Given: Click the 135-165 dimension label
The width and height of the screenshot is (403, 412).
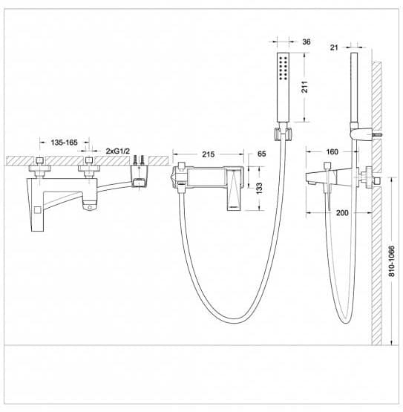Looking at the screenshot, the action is pyautogui.click(x=64, y=143).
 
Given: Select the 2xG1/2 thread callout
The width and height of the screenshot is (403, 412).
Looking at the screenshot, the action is pyautogui.click(x=118, y=151).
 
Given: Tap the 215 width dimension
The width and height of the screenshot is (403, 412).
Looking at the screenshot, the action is pyautogui.click(x=208, y=154).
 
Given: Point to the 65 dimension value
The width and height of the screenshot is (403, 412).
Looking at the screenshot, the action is pyautogui.click(x=261, y=154).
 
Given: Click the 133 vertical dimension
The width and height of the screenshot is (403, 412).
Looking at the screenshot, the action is pyautogui.click(x=259, y=189).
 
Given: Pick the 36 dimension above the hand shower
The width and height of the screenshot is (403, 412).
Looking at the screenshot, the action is pyautogui.click(x=307, y=42).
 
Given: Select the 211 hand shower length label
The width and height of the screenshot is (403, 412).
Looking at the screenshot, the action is pyautogui.click(x=304, y=87).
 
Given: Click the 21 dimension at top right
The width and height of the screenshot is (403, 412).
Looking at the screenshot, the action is pyautogui.click(x=334, y=48).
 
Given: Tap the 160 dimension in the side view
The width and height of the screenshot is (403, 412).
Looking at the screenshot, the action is pyautogui.click(x=332, y=152).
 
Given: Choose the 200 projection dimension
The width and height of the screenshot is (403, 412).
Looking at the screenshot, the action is pyautogui.click(x=342, y=212).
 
